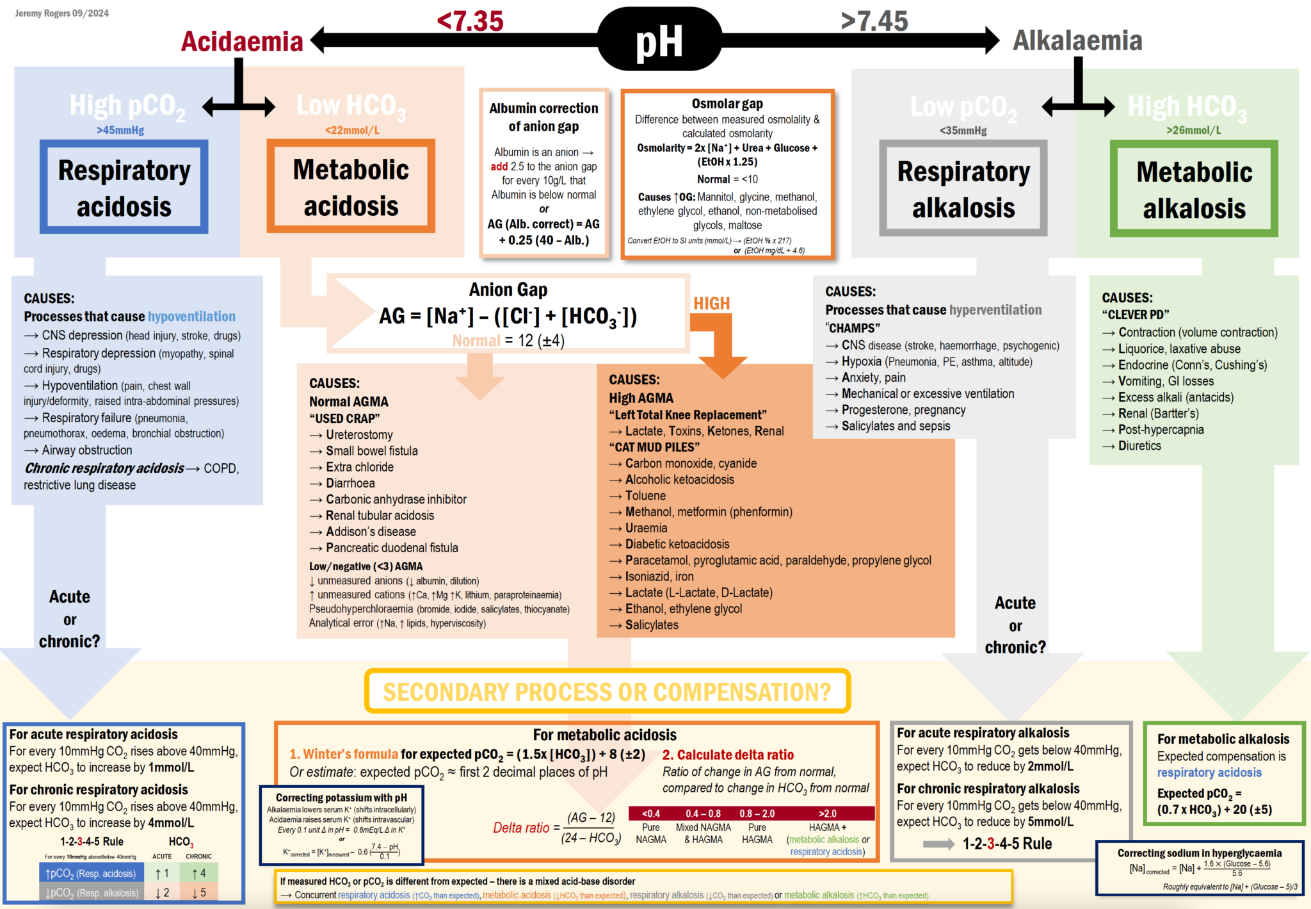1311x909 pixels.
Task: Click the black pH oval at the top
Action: coord(659,40)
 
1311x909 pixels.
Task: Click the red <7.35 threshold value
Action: coord(471,20)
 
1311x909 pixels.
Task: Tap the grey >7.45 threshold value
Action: coord(874,20)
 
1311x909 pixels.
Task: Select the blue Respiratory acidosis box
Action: coord(124,187)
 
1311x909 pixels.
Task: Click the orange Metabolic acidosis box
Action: coord(351,186)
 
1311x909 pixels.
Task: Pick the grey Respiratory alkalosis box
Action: coord(963,188)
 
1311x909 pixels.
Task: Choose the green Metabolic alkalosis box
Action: coord(1194,189)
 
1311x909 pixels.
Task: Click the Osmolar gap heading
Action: coord(727,103)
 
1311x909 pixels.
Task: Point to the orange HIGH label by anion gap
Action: coord(712,303)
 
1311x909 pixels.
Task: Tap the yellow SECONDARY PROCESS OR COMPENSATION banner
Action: coord(607,691)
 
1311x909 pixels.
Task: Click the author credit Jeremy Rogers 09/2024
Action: coord(62,13)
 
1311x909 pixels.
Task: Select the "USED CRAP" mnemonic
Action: coord(344,418)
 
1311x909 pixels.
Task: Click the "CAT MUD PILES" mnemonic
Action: coord(654,447)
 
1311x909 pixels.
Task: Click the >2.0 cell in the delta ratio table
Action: coord(827,814)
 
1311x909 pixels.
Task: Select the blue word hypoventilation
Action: coord(191,316)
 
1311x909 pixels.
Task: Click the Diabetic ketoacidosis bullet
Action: coord(677,544)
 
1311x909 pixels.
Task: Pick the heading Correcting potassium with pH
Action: coord(341,798)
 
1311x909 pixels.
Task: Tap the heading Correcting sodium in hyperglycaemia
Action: coord(1199,853)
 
